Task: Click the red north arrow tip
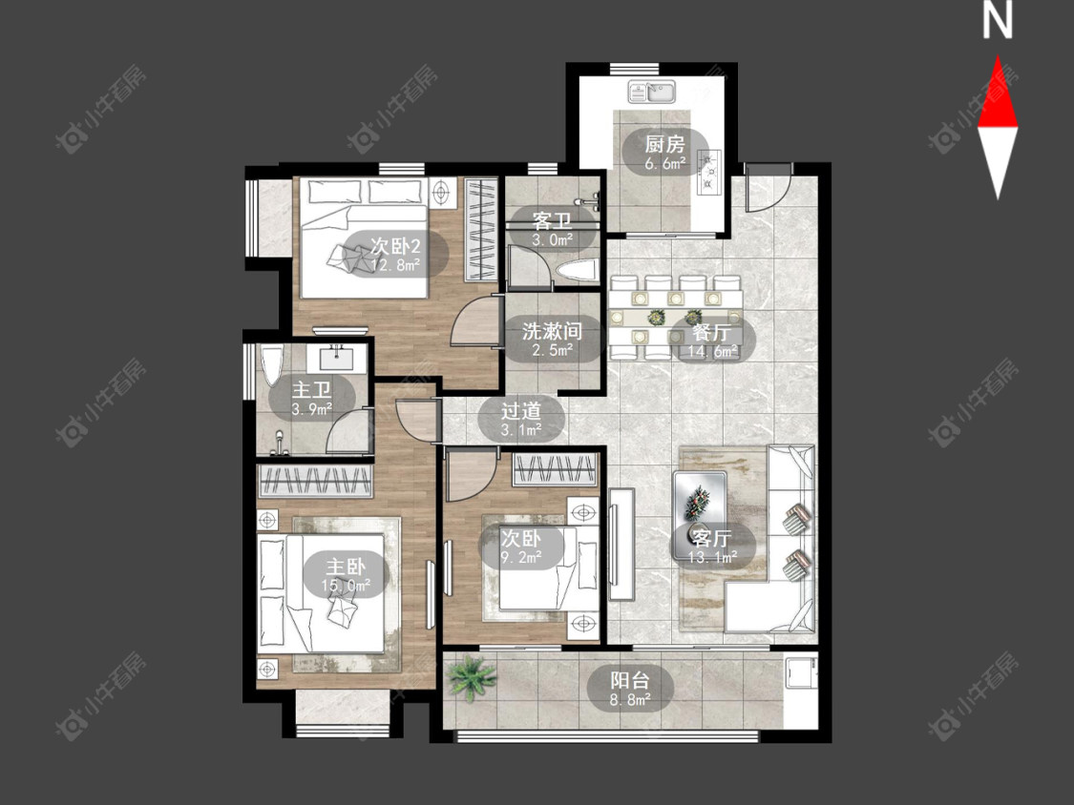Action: coord(998,56)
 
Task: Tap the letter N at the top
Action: coord(998,20)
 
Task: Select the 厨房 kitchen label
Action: coord(664,144)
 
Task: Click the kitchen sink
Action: coord(652,91)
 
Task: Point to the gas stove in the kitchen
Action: coord(709,172)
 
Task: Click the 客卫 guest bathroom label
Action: coord(552,221)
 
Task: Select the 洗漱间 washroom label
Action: coord(552,332)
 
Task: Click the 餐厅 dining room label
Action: coord(711,334)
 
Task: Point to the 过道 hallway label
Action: coord(521,411)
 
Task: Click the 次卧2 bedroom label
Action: coord(395,245)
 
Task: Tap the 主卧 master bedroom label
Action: coord(346,567)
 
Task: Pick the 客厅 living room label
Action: coord(712,537)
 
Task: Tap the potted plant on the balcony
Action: coord(472,678)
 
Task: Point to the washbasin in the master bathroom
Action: coord(337,357)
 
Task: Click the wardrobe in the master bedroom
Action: coord(315,481)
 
